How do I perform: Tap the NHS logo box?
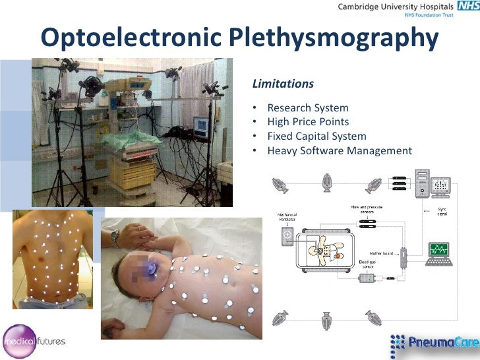(x=464, y=7)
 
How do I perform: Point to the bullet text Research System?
(x=308, y=107)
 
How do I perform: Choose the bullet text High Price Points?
(x=308, y=122)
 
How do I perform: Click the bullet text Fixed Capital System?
(x=316, y=136)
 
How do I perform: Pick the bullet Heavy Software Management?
(x=340, y=151)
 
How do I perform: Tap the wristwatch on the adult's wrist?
(x=116, y=238)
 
